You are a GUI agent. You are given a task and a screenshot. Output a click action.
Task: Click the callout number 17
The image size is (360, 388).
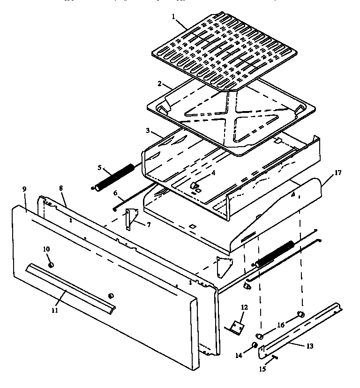tap(338, 173)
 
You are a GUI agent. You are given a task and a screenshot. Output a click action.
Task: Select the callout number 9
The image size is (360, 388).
tap(24, 190)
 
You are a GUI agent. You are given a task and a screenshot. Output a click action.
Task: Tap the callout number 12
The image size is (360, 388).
tap(244, 307)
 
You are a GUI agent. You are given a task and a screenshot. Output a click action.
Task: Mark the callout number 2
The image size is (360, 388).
tap(159, 84)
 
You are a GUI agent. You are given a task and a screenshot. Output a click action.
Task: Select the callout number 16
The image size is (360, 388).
tap(281, 324)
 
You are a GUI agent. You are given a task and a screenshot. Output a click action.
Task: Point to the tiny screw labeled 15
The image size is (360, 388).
tap(274, 358)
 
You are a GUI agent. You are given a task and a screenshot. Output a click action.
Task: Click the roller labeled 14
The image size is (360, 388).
tap(255, 346)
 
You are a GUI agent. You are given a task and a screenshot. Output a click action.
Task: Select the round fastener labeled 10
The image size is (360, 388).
tap(51, 265)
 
